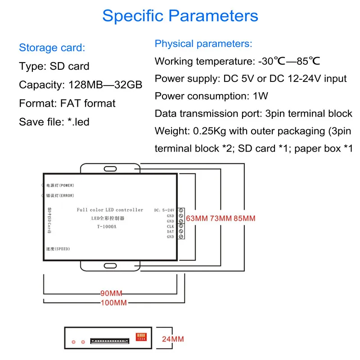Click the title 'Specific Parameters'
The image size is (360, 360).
(180, 16)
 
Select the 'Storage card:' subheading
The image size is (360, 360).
(52, 48)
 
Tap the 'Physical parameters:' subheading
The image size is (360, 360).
(203, 44)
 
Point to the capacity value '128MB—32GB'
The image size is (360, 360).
(105, 85)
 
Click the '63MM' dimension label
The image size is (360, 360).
(197, 219)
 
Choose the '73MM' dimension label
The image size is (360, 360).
(220, 219)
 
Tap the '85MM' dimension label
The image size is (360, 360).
(243, 219)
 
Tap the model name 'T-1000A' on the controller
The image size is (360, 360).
(106, 227)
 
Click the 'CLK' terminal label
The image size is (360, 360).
(171, 226)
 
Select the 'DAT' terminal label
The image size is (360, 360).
(171, 231)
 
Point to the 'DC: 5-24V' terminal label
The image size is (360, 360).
(164, 210)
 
